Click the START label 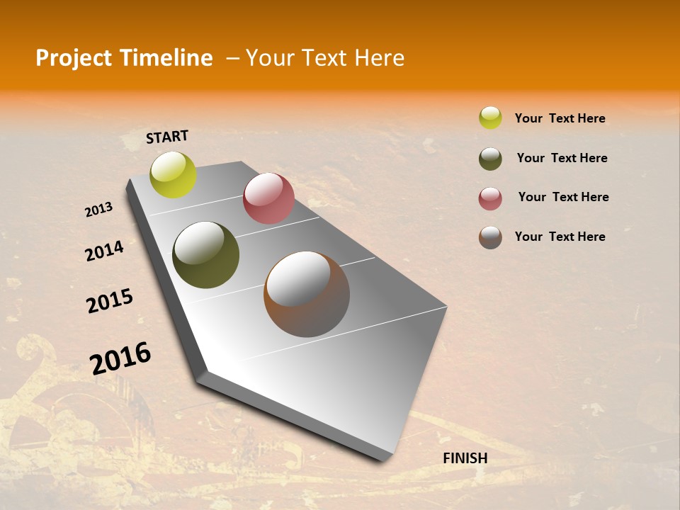(167, 137)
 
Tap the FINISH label (465, 458)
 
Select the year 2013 (99, 210)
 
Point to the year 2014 (104, 251)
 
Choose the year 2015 (110, 301)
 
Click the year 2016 (120, 358)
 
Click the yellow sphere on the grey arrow (174, 174)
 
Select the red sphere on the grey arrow (268, 198)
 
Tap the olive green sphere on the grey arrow (205, 255)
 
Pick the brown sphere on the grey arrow (307, 294)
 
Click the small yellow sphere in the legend (490, 118)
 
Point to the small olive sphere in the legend (490, 159)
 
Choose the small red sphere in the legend (490, 198)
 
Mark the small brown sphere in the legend (490, 237)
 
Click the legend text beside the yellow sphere (560, 118)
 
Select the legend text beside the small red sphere (563, 197)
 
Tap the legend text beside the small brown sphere (560, 237)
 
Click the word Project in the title (72, 58)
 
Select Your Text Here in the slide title (325, 58)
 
